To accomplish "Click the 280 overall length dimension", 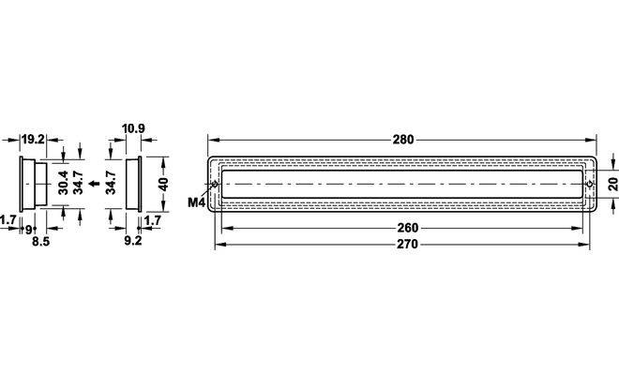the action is [x=403, y=140].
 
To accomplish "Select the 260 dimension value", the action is [x=407, y=228].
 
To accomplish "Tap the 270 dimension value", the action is [x=407, y=245].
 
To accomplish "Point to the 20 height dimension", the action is [x=612, y=184].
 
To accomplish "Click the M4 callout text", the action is [x=197, y=202].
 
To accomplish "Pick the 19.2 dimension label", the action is [x=33, y=140].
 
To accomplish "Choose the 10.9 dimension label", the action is [x=133, y=128].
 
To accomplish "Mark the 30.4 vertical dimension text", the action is [x=63, y=183].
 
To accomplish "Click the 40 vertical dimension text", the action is [x=162, y=184].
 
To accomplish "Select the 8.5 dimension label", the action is [x=40, y=242].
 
